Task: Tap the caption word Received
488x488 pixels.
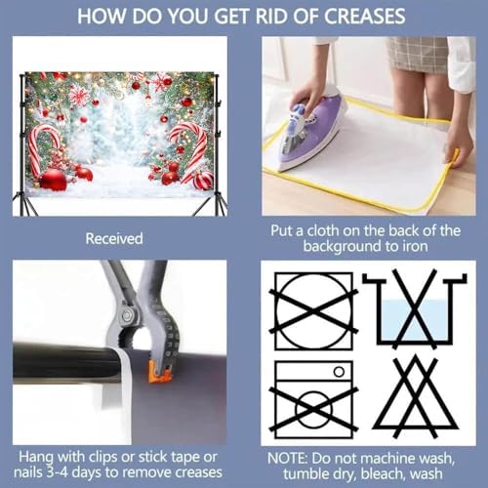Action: point(114,238)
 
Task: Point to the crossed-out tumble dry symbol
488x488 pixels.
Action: point(314,311)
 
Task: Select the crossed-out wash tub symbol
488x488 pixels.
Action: point(415,309)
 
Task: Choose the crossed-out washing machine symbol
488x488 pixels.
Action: point(314,399)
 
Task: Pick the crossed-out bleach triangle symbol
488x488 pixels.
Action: point(415,397)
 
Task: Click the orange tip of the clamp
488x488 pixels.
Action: point(160,372)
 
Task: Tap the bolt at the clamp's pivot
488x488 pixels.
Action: point(127,314)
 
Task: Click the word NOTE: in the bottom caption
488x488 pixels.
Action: point(288,459)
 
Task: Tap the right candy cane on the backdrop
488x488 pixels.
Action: point(192,148)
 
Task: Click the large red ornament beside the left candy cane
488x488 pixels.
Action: point(53,180)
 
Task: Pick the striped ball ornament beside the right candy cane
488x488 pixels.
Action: point(203,181)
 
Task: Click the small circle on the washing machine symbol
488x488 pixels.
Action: point(339,372)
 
